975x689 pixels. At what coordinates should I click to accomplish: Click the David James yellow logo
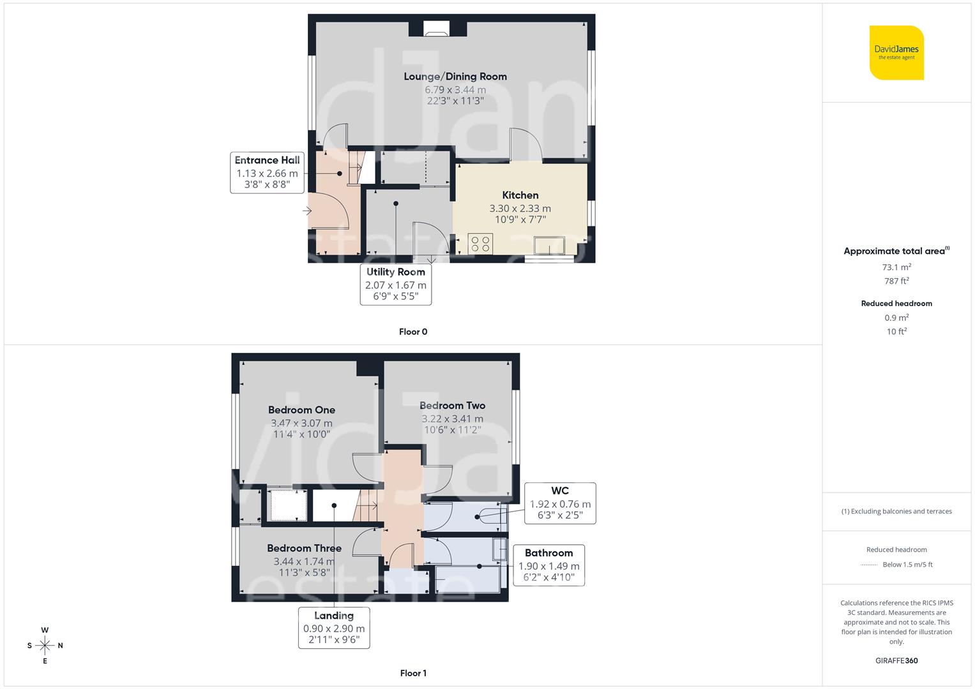tap(896, 52)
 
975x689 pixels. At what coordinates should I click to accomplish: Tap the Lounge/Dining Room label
tap(455, 77)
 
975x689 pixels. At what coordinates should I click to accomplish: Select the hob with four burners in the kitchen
tap(480, 244)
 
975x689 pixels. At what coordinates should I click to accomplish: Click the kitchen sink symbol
tap(549, 245)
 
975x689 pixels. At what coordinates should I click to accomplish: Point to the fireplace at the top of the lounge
tap(437, 28)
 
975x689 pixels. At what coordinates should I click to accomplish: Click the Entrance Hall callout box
tap(267, 172)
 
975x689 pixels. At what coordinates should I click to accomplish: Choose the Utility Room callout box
tap(395, 284)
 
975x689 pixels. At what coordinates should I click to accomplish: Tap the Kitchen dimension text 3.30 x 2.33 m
tap(520, 209)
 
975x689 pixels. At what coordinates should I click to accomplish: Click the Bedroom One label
tap(301, 410)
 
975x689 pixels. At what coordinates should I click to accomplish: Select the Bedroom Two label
tap(452, 406)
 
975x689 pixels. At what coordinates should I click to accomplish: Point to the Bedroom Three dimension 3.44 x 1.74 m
tap(304, 561)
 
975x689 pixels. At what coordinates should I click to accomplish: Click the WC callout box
tap(560, 503)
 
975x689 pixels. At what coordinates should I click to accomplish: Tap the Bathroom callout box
tap(548, 565)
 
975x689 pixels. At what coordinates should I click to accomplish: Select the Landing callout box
tap(334, 627)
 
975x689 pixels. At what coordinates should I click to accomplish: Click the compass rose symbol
tap(45, 646)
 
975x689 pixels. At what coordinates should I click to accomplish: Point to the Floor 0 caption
tap(413, 332)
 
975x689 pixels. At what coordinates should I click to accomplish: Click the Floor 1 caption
tap(413, 673)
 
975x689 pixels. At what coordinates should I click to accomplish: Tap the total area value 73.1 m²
tap(896, 267)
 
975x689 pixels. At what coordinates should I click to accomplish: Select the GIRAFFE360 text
tap(896, 661)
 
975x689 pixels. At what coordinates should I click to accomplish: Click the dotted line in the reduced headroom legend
tap(869, 565)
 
